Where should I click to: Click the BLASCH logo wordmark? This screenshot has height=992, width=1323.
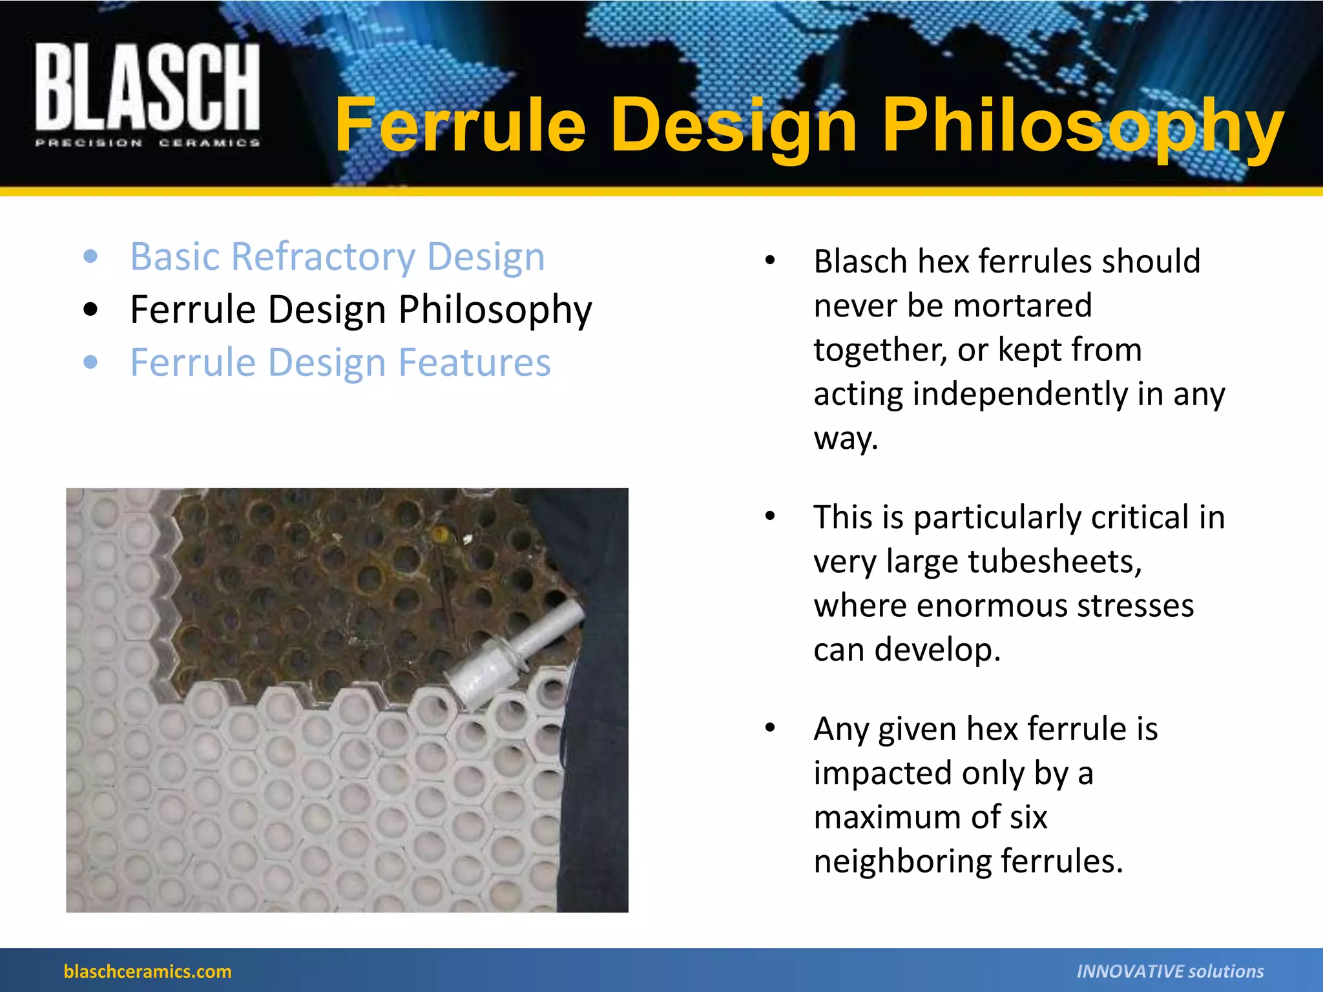pos(147,87)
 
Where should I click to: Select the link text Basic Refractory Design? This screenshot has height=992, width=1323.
pos(337,256)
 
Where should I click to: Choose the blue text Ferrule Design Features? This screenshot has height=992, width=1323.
pos(340,362)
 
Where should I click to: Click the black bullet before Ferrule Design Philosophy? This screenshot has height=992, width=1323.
pos(91,309)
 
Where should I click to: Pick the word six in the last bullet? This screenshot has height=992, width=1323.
pos(1027,817)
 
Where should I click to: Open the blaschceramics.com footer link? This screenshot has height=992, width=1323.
pos(147,971)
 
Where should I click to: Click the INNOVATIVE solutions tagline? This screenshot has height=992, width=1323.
pos(1170,971)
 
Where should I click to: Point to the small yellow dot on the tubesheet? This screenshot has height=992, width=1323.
pos(440,534)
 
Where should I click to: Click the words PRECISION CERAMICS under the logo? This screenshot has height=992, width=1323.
pos(147,143)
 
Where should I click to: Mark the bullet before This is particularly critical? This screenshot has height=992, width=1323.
pos(769,517)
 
